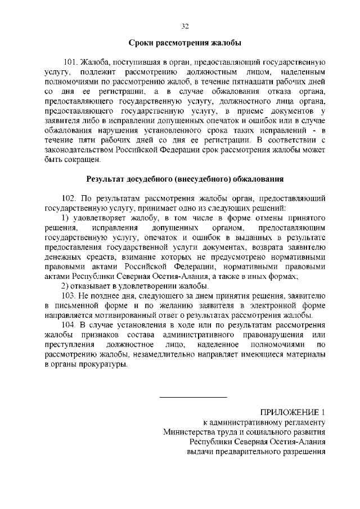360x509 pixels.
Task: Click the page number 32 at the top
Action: (185, 26)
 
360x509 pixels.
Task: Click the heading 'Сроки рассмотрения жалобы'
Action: (185, 43)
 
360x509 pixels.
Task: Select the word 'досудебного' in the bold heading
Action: (154, 179)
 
